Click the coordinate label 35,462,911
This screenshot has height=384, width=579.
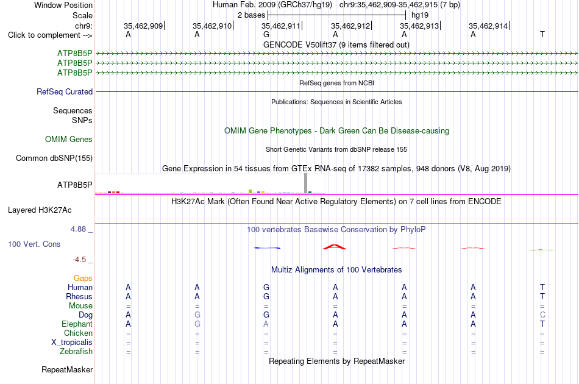280,26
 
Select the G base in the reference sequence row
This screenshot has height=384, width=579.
266,34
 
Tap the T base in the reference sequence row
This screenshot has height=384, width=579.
542,34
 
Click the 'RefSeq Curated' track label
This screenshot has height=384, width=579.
65,91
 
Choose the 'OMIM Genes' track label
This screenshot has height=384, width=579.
69,139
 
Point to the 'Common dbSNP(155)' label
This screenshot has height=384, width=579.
54,158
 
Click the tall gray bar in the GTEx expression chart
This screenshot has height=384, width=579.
306,183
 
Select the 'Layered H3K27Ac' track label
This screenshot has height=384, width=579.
40,210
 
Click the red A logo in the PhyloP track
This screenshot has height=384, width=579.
335,247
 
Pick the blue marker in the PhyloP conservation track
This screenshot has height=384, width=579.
268,247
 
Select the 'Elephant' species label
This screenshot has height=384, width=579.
77,324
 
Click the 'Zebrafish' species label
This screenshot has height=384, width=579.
76,352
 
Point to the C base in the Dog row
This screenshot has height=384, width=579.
542,315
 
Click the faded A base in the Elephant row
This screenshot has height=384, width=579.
266,324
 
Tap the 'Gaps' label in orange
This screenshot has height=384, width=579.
83,278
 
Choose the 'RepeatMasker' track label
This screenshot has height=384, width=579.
67,369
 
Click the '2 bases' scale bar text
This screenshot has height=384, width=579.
252,15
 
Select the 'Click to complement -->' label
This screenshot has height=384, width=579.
50,35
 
